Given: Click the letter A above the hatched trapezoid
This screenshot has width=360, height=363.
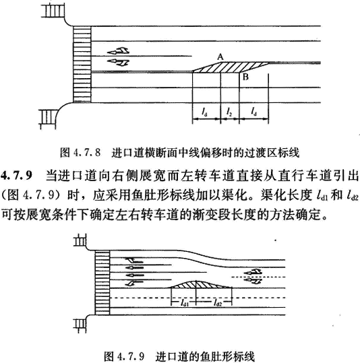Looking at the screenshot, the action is [220, 57].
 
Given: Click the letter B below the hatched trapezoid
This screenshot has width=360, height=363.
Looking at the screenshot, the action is [245, 77].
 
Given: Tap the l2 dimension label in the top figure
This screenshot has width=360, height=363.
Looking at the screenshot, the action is [229, 112].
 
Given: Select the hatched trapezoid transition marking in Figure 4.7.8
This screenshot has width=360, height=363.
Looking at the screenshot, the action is [231, 67].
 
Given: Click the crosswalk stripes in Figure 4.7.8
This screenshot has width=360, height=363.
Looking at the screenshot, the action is [82, 64].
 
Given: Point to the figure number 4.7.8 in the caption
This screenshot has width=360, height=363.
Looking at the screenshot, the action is [86, 153].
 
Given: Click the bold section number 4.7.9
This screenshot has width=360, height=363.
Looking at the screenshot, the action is [16, 176].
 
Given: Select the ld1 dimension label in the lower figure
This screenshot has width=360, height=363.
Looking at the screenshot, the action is [184, 302].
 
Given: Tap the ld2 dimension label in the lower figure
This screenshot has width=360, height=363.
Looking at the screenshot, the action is [217, 302].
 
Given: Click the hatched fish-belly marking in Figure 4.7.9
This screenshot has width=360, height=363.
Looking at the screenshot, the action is [201, 284].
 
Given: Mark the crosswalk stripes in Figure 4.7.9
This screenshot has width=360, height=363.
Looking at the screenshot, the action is [102, 283].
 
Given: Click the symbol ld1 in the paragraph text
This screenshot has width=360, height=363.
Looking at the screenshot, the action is [322, 196].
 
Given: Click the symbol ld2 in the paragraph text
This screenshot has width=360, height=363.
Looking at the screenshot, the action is [353, 196].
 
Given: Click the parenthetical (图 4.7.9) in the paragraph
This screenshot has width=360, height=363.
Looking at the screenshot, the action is [32, 196].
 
